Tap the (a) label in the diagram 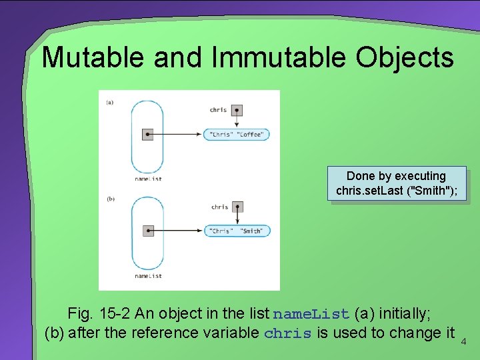(109, 102)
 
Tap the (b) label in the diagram (109, 199)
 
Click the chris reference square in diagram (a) (237, 110)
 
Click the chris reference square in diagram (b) (237, 207)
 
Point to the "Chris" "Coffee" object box (236, 134)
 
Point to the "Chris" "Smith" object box (236, 231)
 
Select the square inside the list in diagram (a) (148, 135)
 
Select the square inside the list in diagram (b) (148, 231)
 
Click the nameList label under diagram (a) (148, 179)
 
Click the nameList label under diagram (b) (148, 275)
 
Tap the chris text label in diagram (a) (218, 110)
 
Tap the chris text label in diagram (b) (219, 207)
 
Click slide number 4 (466, 342)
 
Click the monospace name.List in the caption (311, 313)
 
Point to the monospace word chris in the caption (288, 333)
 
